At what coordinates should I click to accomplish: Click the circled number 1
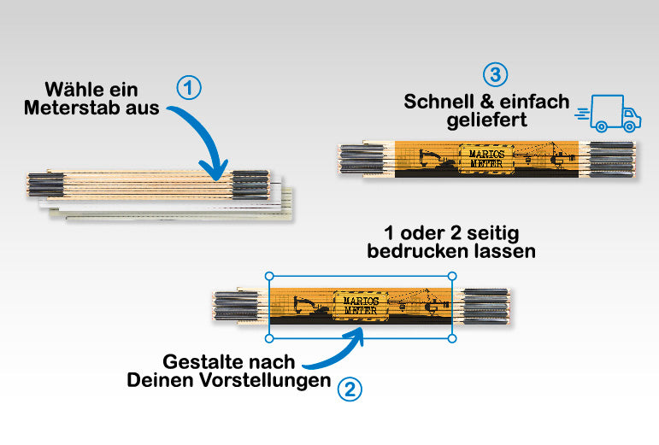[x=189, y=87]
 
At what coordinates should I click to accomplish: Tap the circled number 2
[x=350, y=389]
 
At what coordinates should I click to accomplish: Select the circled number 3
[x=495, y=74]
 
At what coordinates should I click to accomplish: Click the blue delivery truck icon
[x=609, y=114]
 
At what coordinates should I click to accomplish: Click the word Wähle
[x=68, y=90]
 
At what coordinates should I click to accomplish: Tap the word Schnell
[x=439, y=102]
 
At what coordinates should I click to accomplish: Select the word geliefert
[x=486, y=120]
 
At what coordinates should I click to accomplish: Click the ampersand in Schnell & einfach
[x=487, y=102]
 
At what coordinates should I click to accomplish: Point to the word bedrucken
[x=418, y=251]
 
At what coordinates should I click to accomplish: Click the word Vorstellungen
[x=265, y=381]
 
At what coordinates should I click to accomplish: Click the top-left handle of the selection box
[x=269, y=276]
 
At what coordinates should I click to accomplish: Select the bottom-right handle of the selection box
[x=452, y=338]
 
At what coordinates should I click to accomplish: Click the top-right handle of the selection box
[x=452, y=276]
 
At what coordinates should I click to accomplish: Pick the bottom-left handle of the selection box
[x=269, y=338]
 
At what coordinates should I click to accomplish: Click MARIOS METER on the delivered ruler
[x=486, y=159]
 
